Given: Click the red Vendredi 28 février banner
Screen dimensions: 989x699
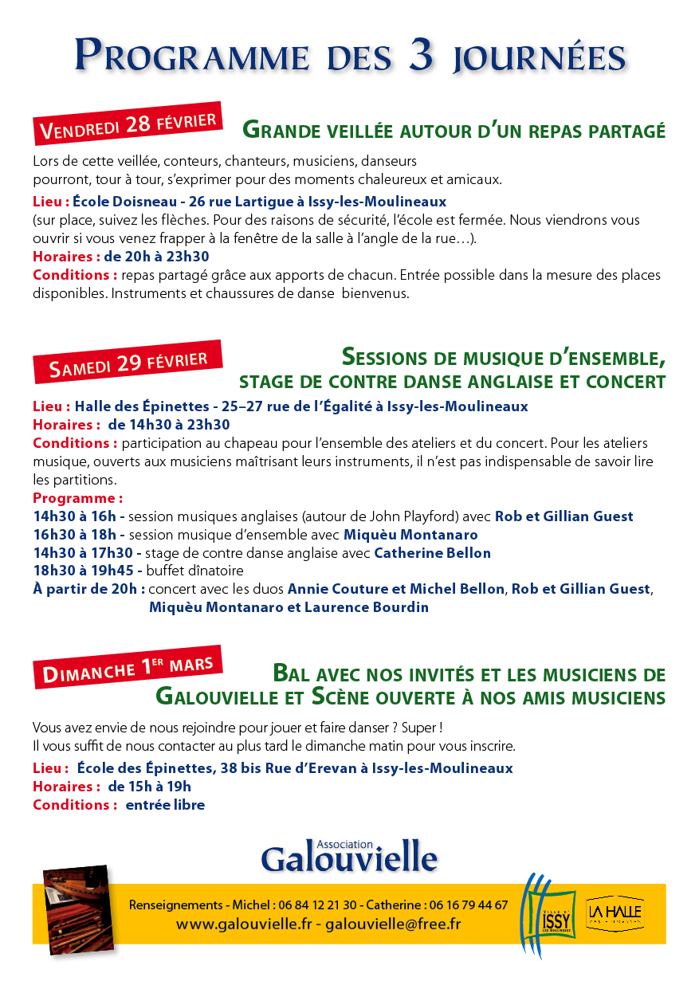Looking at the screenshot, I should pos(128,124).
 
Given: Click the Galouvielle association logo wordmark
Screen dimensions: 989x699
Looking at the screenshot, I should pos(349,857).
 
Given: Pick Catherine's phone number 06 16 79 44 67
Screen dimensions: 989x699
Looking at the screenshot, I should pos(468,905).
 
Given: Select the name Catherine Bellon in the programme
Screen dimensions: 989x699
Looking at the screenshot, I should pos(432,552).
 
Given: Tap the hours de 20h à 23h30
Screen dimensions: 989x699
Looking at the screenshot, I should pos(156,257).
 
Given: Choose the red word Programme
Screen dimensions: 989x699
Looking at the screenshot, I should pos(77,498).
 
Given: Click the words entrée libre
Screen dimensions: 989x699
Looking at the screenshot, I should pos(164,805).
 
